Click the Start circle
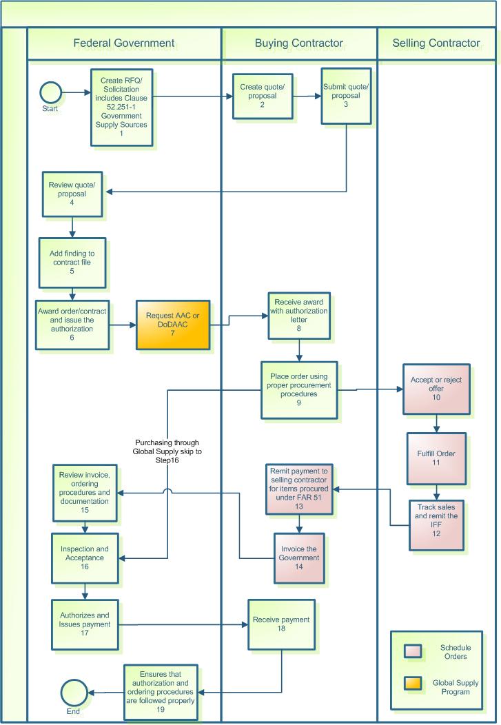tap(51, 92)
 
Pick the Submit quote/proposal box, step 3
tap(346, 96)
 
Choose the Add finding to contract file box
tap(72, 263)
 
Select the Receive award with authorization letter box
tap(297, 315)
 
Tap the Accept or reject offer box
tap(436, 389)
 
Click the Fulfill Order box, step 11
tap(436, 458)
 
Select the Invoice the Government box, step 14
tap(298, 558)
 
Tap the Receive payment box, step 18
tap(280, 624)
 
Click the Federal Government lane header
tap(124, 43)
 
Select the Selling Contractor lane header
tap(436, 43)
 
